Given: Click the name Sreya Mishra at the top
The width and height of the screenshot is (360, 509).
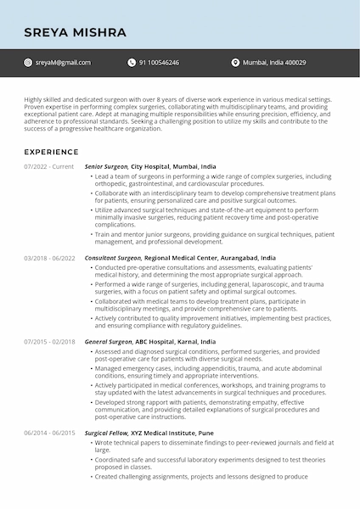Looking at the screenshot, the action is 75,33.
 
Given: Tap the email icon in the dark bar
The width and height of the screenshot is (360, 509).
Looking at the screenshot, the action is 29,63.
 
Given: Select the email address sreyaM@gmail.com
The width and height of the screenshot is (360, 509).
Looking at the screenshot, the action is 64,63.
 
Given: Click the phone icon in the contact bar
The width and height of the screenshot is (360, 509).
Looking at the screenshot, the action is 132,63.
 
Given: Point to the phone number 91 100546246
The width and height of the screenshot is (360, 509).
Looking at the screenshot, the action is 160,63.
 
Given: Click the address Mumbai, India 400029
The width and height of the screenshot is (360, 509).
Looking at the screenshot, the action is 274,63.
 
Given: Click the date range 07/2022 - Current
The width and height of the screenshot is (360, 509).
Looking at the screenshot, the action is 48,167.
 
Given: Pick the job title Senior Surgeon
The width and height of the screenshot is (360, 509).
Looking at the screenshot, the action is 106,167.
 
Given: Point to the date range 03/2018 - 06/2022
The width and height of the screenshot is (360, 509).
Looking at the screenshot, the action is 49,257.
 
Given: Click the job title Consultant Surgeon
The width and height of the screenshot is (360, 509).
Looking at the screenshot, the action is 113,257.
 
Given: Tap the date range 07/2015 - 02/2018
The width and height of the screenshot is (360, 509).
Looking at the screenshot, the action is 49,341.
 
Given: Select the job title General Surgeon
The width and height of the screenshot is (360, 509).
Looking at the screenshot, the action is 109,341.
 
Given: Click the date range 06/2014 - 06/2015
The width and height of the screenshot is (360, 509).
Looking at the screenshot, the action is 49,433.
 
